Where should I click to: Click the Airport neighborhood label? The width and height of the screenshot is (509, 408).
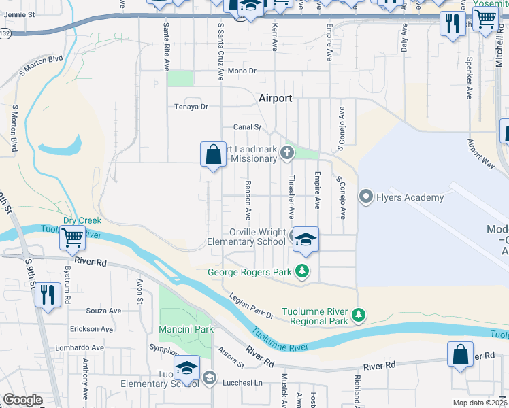click(275, 98)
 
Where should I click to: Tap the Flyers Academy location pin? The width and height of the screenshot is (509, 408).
click(366, 198)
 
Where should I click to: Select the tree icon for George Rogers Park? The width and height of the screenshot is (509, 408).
click(301, 273)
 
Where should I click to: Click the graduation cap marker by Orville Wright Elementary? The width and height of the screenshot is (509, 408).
click(306, 239)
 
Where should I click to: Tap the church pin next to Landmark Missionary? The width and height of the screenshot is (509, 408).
click(287, 154)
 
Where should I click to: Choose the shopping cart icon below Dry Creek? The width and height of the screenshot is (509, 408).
click(72, 238)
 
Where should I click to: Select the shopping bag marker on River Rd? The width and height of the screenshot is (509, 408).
click(460, 354)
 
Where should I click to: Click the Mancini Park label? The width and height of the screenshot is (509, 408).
click(186, 329)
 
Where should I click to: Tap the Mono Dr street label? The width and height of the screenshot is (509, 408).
click(242, 71)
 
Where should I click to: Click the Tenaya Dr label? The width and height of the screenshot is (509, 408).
click(191, 107)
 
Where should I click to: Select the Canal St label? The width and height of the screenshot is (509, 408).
click(247, 126)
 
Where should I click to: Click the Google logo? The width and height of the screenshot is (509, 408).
click(22, 400)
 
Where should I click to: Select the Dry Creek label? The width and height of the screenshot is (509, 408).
click(82, 220)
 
